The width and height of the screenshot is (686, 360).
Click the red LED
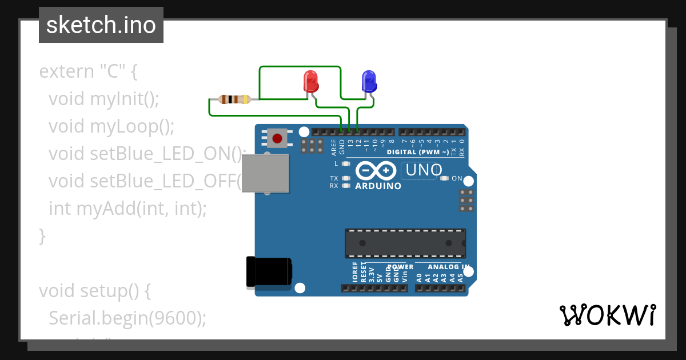click(310, 81)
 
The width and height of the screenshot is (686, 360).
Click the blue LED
click(369, 81)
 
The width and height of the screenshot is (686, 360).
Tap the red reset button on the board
click(277, 138)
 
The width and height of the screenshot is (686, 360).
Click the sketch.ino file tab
click(101, 25)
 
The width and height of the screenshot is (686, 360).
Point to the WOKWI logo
click(607, 315)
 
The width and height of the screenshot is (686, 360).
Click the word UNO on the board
click(422, 170)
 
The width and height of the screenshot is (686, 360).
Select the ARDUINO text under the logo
click(378, 186)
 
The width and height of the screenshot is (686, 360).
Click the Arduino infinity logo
click(376, 171)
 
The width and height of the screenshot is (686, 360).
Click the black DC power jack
click(268, 271)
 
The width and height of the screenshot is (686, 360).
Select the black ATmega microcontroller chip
click(405, 243)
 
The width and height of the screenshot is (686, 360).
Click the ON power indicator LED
click(445, 178)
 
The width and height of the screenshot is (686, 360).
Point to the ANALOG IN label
click(449, 267)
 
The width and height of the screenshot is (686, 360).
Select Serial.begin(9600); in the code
click(127, 318)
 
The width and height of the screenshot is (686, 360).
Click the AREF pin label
click(334, 147)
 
